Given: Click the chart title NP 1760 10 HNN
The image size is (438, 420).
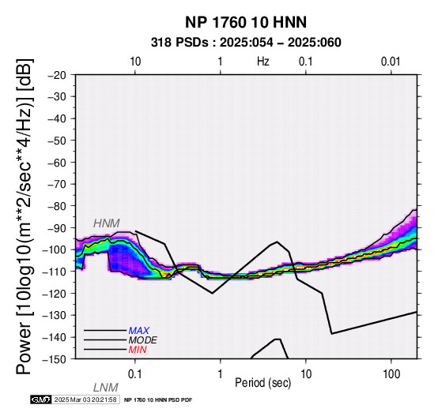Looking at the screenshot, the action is tap(246, 22).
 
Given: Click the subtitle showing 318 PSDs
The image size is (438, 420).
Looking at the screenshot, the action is tap(246, 43).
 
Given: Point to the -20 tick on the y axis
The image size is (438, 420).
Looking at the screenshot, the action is tap(57, 75).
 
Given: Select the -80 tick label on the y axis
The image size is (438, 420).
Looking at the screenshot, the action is tap(57, 206).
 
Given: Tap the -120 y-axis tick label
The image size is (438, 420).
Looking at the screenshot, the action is tap(55, 294).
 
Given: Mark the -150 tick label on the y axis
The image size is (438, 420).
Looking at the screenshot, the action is tap(55, 359).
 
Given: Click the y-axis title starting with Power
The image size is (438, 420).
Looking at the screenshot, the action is tap(25, 216).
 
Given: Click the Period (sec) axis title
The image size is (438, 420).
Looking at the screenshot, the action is tap(262, 383).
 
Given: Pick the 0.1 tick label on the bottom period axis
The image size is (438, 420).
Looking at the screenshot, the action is tap(134, 374).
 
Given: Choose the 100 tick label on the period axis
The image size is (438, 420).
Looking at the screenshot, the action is tap(391, 374).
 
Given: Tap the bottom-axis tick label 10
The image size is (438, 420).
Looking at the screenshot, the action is tap(306, 374).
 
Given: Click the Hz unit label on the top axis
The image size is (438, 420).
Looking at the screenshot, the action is tap(262, 62).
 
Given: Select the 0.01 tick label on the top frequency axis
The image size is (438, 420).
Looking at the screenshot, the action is tap(391, 62).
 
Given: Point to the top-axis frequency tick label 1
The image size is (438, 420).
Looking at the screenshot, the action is tap(221, 62).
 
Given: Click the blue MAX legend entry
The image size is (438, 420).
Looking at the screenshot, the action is tap(139, 331).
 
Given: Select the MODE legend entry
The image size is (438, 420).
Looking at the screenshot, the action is tap(143, 340).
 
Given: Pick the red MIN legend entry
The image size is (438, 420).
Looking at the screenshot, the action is tap(138, 350).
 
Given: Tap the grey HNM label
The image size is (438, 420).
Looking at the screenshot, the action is tap(107, 223).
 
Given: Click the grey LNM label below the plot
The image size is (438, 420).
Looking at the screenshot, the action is tap(106, 388).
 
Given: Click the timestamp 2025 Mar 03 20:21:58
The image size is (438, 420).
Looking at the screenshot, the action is tap(85, 399).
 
